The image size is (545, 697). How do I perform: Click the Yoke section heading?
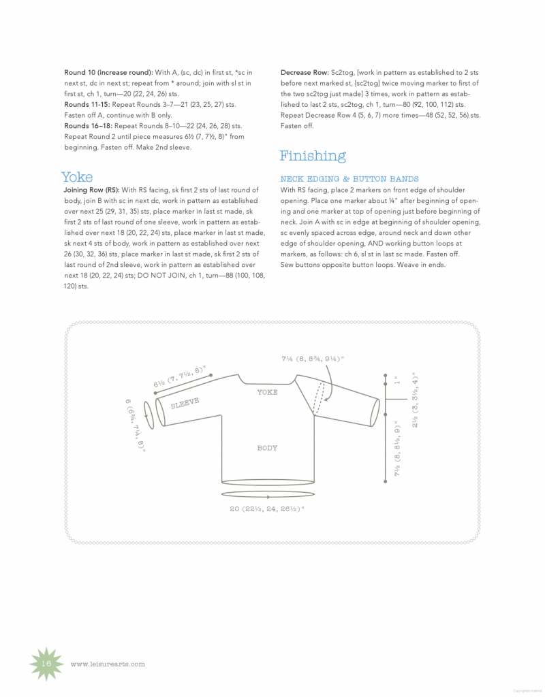point(77,177)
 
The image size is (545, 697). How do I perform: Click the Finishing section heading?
point(313,156)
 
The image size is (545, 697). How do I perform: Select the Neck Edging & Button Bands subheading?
point(349,179)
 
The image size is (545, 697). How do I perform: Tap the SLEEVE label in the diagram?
point(185,402)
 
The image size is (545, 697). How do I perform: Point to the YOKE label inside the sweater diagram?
point(267,392)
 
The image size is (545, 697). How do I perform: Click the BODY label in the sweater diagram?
point(267,448)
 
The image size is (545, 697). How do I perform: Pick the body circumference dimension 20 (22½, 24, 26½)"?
point(267,508)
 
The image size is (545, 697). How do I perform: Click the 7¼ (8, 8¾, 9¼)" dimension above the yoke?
point(313,358)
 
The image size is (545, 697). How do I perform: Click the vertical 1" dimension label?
point(396,382)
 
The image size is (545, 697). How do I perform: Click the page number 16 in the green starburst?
point(47,664)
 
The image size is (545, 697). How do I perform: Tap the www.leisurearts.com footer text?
point(108,664)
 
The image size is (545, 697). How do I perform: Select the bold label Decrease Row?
point(305,72)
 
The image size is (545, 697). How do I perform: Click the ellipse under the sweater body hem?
point(268,496)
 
